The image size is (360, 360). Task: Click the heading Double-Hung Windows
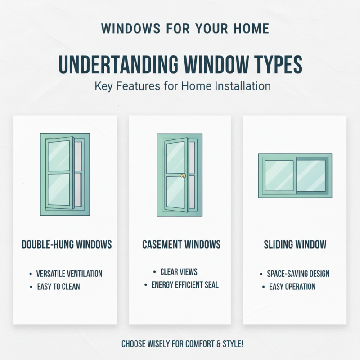tap(67, 245)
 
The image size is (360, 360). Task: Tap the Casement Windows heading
tap(181, 245)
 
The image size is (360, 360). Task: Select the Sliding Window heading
tap(295, 245)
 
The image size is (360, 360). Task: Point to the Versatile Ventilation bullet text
tap(69, 274)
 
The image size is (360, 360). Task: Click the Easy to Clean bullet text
tap(58, 286)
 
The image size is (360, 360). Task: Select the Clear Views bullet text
tap(179, 272)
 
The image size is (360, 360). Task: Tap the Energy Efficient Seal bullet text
tap(184, 285)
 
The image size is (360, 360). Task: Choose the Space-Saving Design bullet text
tap(298, 274)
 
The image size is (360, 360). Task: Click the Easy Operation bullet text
tap(292, 286)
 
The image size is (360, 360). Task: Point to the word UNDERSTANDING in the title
tap(119, 65)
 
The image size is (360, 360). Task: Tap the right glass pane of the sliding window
tap(311, 175)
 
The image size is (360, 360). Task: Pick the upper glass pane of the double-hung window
tap(58, 156)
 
